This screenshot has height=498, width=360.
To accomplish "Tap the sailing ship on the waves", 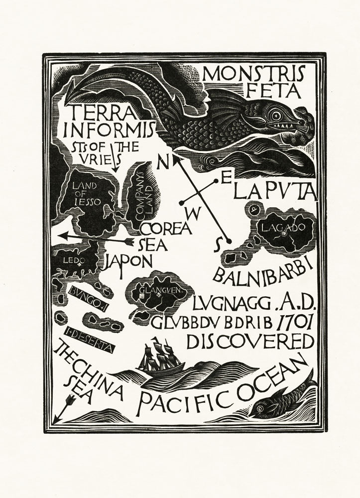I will point(158,357).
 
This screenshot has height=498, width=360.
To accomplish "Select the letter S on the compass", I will point(217,246).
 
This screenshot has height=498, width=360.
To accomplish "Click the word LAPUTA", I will point(275,190).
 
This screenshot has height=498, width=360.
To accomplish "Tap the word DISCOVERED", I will point(250,342).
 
